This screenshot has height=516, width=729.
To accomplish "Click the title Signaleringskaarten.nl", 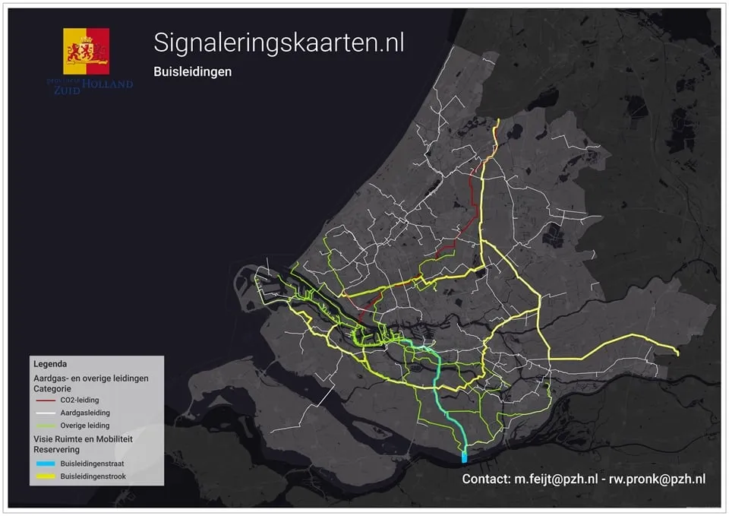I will tap(279, 43).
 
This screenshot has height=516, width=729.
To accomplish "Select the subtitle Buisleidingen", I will tap(192, 71).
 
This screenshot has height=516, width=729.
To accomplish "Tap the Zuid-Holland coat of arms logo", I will tap(86, 52).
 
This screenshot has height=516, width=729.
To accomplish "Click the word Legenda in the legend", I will tap(50, 364).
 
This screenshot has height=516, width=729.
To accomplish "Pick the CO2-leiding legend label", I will tap(79, 400).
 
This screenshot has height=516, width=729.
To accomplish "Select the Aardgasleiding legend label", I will tap(84, 413).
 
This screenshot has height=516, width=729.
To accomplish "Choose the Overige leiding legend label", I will tap(84, 426).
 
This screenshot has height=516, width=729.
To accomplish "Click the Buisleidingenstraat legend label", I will tap(93, 464).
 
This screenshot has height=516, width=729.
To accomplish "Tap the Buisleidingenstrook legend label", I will tap(93, 476).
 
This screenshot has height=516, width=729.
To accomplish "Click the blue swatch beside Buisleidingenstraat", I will tap(45, 464).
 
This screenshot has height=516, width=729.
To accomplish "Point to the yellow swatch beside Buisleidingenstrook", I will tap(45, 476).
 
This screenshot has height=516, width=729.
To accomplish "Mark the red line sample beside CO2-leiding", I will tap(45, 400).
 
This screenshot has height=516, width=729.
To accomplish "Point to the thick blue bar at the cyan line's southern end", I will tap(464, 457).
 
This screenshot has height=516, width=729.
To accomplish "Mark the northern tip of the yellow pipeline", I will tap(497, 120).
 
